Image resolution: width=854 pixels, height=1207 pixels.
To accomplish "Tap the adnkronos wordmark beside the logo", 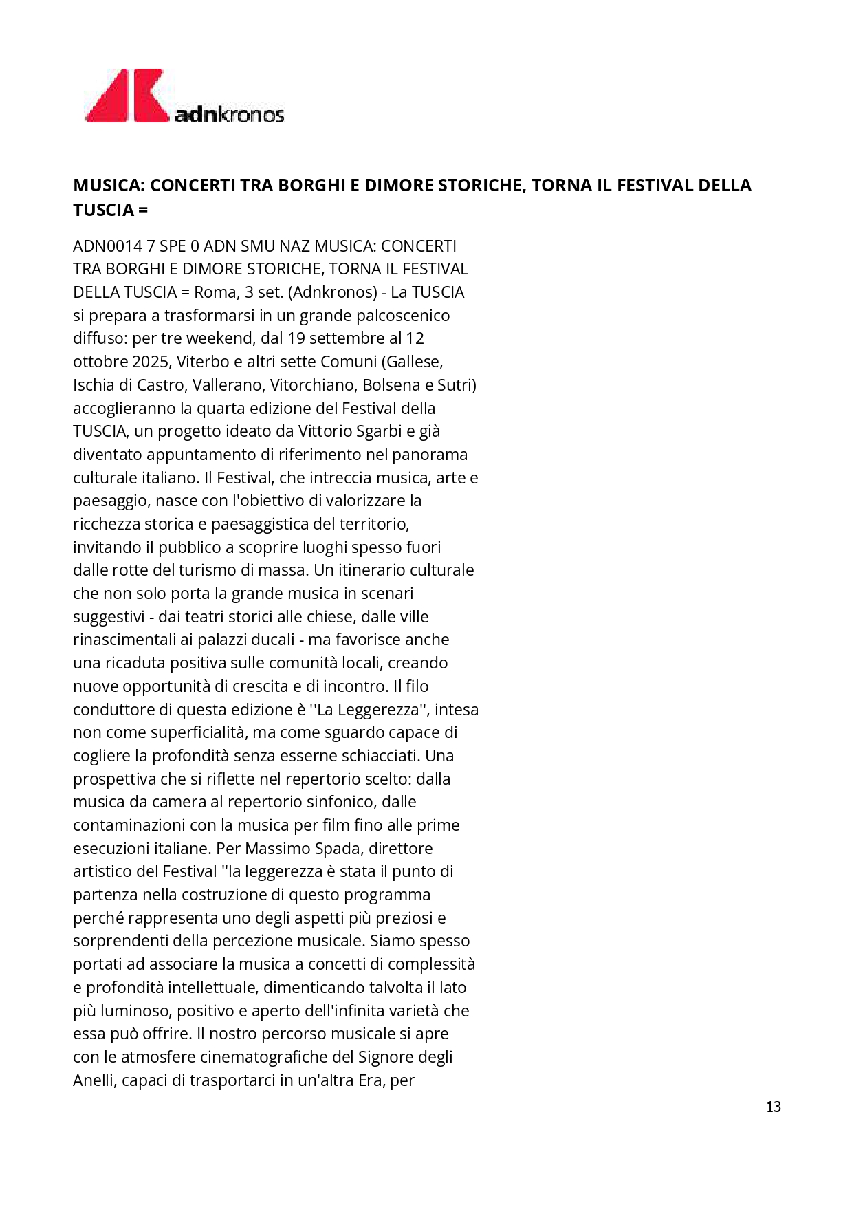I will coord(230,113).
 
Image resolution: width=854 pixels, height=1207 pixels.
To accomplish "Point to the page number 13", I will coord(773,1107).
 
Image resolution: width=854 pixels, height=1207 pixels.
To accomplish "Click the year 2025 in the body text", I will coord(149,362).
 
